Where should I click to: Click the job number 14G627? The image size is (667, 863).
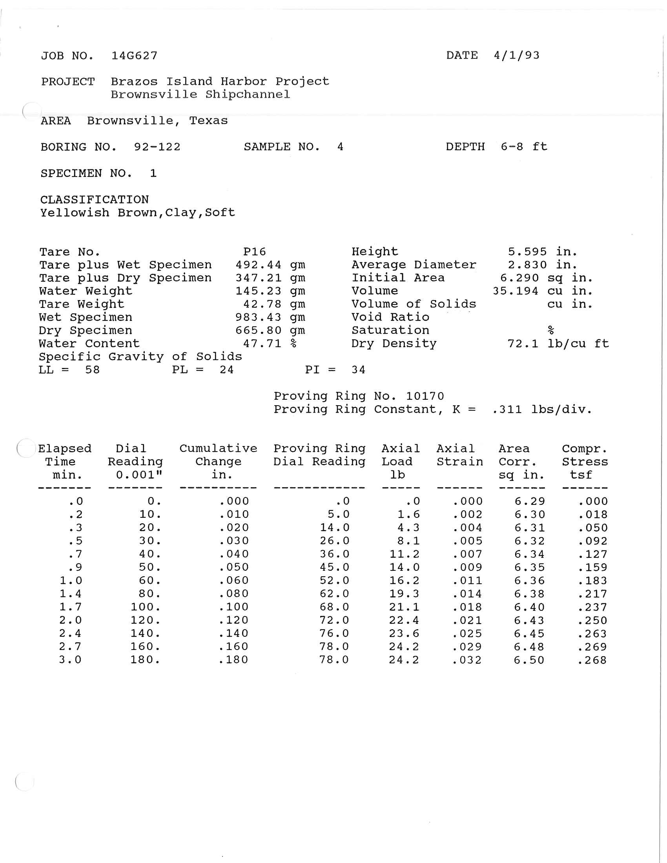point(134,56)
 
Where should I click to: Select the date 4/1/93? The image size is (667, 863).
point(516,55)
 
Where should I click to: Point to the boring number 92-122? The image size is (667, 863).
point(157,147)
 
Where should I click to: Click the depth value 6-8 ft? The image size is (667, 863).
point(523,147)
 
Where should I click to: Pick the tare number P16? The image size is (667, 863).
point(255,252)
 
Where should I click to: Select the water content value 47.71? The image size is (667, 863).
point(262,344)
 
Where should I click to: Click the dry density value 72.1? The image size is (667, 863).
point(523,344)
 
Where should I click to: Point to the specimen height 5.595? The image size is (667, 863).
point(527,252)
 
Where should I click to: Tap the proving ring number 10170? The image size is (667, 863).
point(425,396)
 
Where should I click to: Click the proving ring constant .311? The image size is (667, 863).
point(507,410)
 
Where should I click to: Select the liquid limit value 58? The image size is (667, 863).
point(93,370)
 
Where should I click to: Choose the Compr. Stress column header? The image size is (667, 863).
point(585,462)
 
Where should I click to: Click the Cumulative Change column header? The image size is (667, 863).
point(218,462)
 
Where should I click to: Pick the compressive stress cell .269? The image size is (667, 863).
point(592,647)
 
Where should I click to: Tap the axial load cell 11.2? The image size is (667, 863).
point(405,554)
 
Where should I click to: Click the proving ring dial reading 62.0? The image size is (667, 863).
point(334,594)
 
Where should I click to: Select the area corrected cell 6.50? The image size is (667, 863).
point(529,660)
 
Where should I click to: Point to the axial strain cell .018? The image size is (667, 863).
point(467,607)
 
